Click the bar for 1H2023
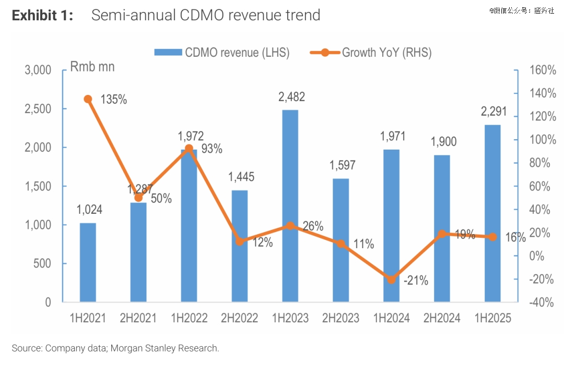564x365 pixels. [x=290, y=206]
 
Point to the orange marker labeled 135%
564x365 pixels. [x=88, y=99]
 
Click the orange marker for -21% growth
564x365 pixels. [x=391, y=279]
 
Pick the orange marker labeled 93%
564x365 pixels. [x=189, y=148]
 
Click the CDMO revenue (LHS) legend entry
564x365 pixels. [x=221, y=52]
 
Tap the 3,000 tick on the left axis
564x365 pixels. [x=38, y=70]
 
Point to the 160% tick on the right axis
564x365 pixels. [x=541, y=70]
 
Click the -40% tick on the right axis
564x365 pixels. [x=541, y=302]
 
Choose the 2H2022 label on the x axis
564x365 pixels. [x=240, y=318]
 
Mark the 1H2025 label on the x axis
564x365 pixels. [x=492, y=318]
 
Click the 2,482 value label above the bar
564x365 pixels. [x=291, y=97]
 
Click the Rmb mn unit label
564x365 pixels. [x=92, y=67]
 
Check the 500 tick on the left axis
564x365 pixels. [x=42, y=264]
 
